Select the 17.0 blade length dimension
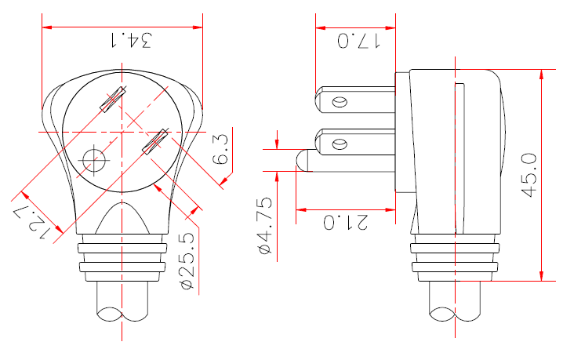pos(358,40)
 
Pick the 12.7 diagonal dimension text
pos(35,220)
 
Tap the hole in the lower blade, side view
pos(340,144)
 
